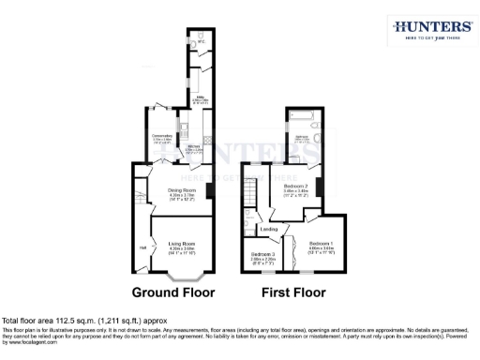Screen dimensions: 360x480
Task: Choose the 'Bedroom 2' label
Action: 296,187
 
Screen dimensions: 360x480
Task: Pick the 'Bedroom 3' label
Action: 262,254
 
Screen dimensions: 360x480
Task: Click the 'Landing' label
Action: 268,229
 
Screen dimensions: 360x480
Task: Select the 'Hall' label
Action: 143,247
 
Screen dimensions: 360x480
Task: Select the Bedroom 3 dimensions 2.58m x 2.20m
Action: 262,260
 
